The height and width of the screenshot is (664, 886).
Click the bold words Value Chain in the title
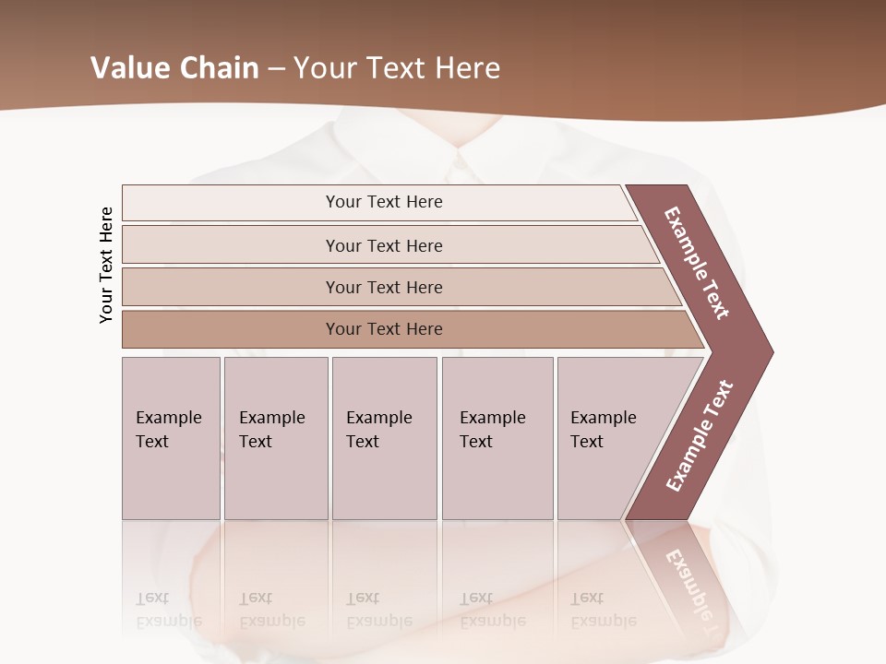[174, 68]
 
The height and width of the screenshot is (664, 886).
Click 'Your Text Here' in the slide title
[397, 68]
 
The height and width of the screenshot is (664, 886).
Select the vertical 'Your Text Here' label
[106, 265]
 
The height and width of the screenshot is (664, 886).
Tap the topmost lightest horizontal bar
[383, 202]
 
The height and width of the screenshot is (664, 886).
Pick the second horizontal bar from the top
[383, 245]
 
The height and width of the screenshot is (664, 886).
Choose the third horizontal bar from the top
[383, 287]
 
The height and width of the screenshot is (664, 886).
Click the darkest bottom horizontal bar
[383, 329]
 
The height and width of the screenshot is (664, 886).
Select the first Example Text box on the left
[170, 438]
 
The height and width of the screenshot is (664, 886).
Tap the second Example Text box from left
[274, 438]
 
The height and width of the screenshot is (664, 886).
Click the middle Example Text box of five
[383, 438]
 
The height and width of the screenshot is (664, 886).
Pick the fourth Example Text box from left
[497, 438]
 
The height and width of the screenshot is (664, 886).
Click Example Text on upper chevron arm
[697, 263]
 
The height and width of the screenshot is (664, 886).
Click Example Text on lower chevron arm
[700, 436]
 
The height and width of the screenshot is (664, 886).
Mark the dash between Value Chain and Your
[276, 69]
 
